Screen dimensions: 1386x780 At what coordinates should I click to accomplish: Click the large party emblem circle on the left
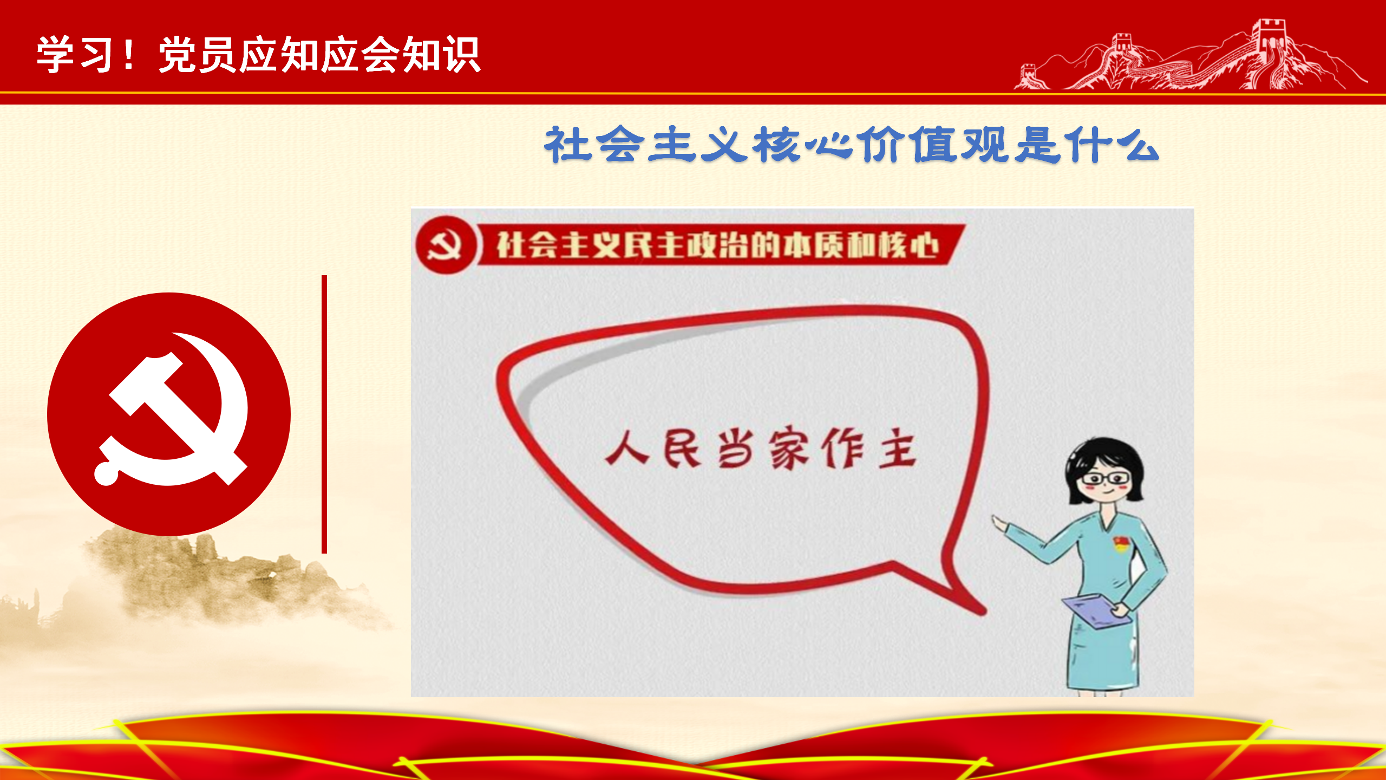pyautogui.click(x=169, y=414)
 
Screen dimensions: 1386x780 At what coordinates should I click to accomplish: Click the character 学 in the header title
pyautogui.click(x=56, y=55)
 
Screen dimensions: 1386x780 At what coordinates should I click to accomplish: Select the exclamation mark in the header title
pyautogui.click(x=129, y=54)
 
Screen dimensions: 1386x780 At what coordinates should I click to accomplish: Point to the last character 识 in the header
pyautogui.click(x=461, y=55)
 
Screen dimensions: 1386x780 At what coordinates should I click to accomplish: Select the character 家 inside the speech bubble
pyautogui.click(x=789, y=448)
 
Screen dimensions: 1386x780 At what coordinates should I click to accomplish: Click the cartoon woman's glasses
pyautogui.click(x=1105, y=479)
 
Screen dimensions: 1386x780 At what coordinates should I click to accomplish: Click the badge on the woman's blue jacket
pyautogui.click(x=1121, y=543)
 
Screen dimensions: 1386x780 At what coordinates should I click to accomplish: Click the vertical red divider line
pyautogui.click(x=324, y=414)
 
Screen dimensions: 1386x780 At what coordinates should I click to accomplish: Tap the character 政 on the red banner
pyautogui.click(x=702, y=245)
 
